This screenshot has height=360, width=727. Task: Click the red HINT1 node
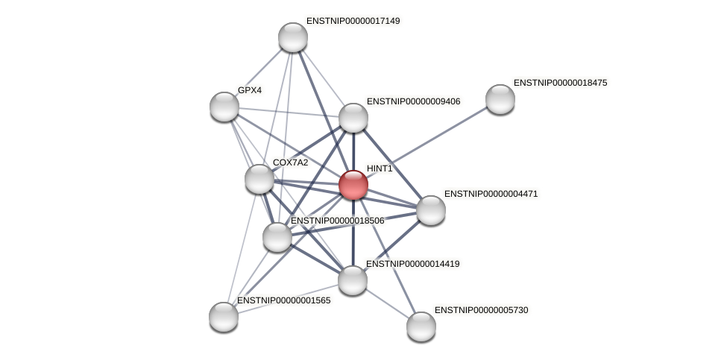(353, 184)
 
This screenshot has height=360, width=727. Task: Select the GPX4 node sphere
(224, 107)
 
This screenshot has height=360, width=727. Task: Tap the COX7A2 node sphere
(259, 179)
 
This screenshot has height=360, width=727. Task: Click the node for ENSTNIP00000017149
(293, 37)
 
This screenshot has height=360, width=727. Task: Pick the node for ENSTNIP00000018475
(500, 99)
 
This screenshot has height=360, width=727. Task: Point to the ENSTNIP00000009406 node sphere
(353, 118)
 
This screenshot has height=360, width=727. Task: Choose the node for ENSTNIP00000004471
(431, 210)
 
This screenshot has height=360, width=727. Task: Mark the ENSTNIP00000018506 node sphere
(277, 237)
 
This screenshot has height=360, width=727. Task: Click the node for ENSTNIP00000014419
(353, 280)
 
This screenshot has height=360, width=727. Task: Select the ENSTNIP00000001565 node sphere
(224, 317)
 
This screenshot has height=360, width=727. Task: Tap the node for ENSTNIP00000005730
(421, 326)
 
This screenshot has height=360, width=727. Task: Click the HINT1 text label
(380, 168)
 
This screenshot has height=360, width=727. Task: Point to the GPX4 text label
(250, 90)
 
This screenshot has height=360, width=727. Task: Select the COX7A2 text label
(290, 162)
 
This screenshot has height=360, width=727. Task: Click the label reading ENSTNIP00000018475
(560, 83)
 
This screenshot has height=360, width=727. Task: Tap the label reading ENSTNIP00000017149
(353, 21)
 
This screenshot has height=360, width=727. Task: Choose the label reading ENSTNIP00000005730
(481, 309)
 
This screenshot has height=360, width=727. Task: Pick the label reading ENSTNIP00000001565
(283, 300)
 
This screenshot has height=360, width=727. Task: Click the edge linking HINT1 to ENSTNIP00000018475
(440, 136)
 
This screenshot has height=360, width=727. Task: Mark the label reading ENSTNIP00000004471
(491, 194)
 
